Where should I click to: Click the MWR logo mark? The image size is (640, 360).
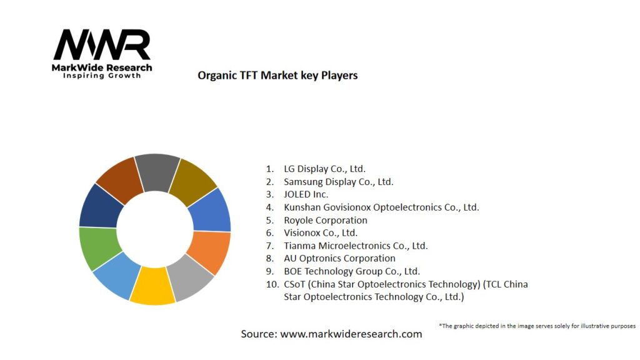click(x=102, y=45)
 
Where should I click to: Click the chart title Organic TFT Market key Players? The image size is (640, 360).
click(x=277, y=76)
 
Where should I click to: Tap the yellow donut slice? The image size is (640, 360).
click(x=152, y=287)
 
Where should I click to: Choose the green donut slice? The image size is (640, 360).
click(x=99, y=247)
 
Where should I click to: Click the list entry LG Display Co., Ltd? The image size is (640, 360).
click(x=324, y=169)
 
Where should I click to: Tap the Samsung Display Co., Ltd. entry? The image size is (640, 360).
click(x=338, y=182)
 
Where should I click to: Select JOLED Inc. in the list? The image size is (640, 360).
click(x=306, y=194)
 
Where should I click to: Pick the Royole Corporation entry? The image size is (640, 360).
click(x=325, y=220)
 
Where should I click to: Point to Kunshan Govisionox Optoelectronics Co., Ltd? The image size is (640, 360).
click(x=381, y=207)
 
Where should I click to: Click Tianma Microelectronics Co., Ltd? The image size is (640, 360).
click(x=356, y=246)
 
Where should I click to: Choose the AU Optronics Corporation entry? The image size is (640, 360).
click(x=339, y=258)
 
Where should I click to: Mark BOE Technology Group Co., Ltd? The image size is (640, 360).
click(x=352, y=271)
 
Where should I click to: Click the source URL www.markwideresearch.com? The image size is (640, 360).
click(x=351, y=334)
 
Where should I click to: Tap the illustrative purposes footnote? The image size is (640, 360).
click(x=537, y=326)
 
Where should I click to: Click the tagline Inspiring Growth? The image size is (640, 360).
click(x=102, y=76)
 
